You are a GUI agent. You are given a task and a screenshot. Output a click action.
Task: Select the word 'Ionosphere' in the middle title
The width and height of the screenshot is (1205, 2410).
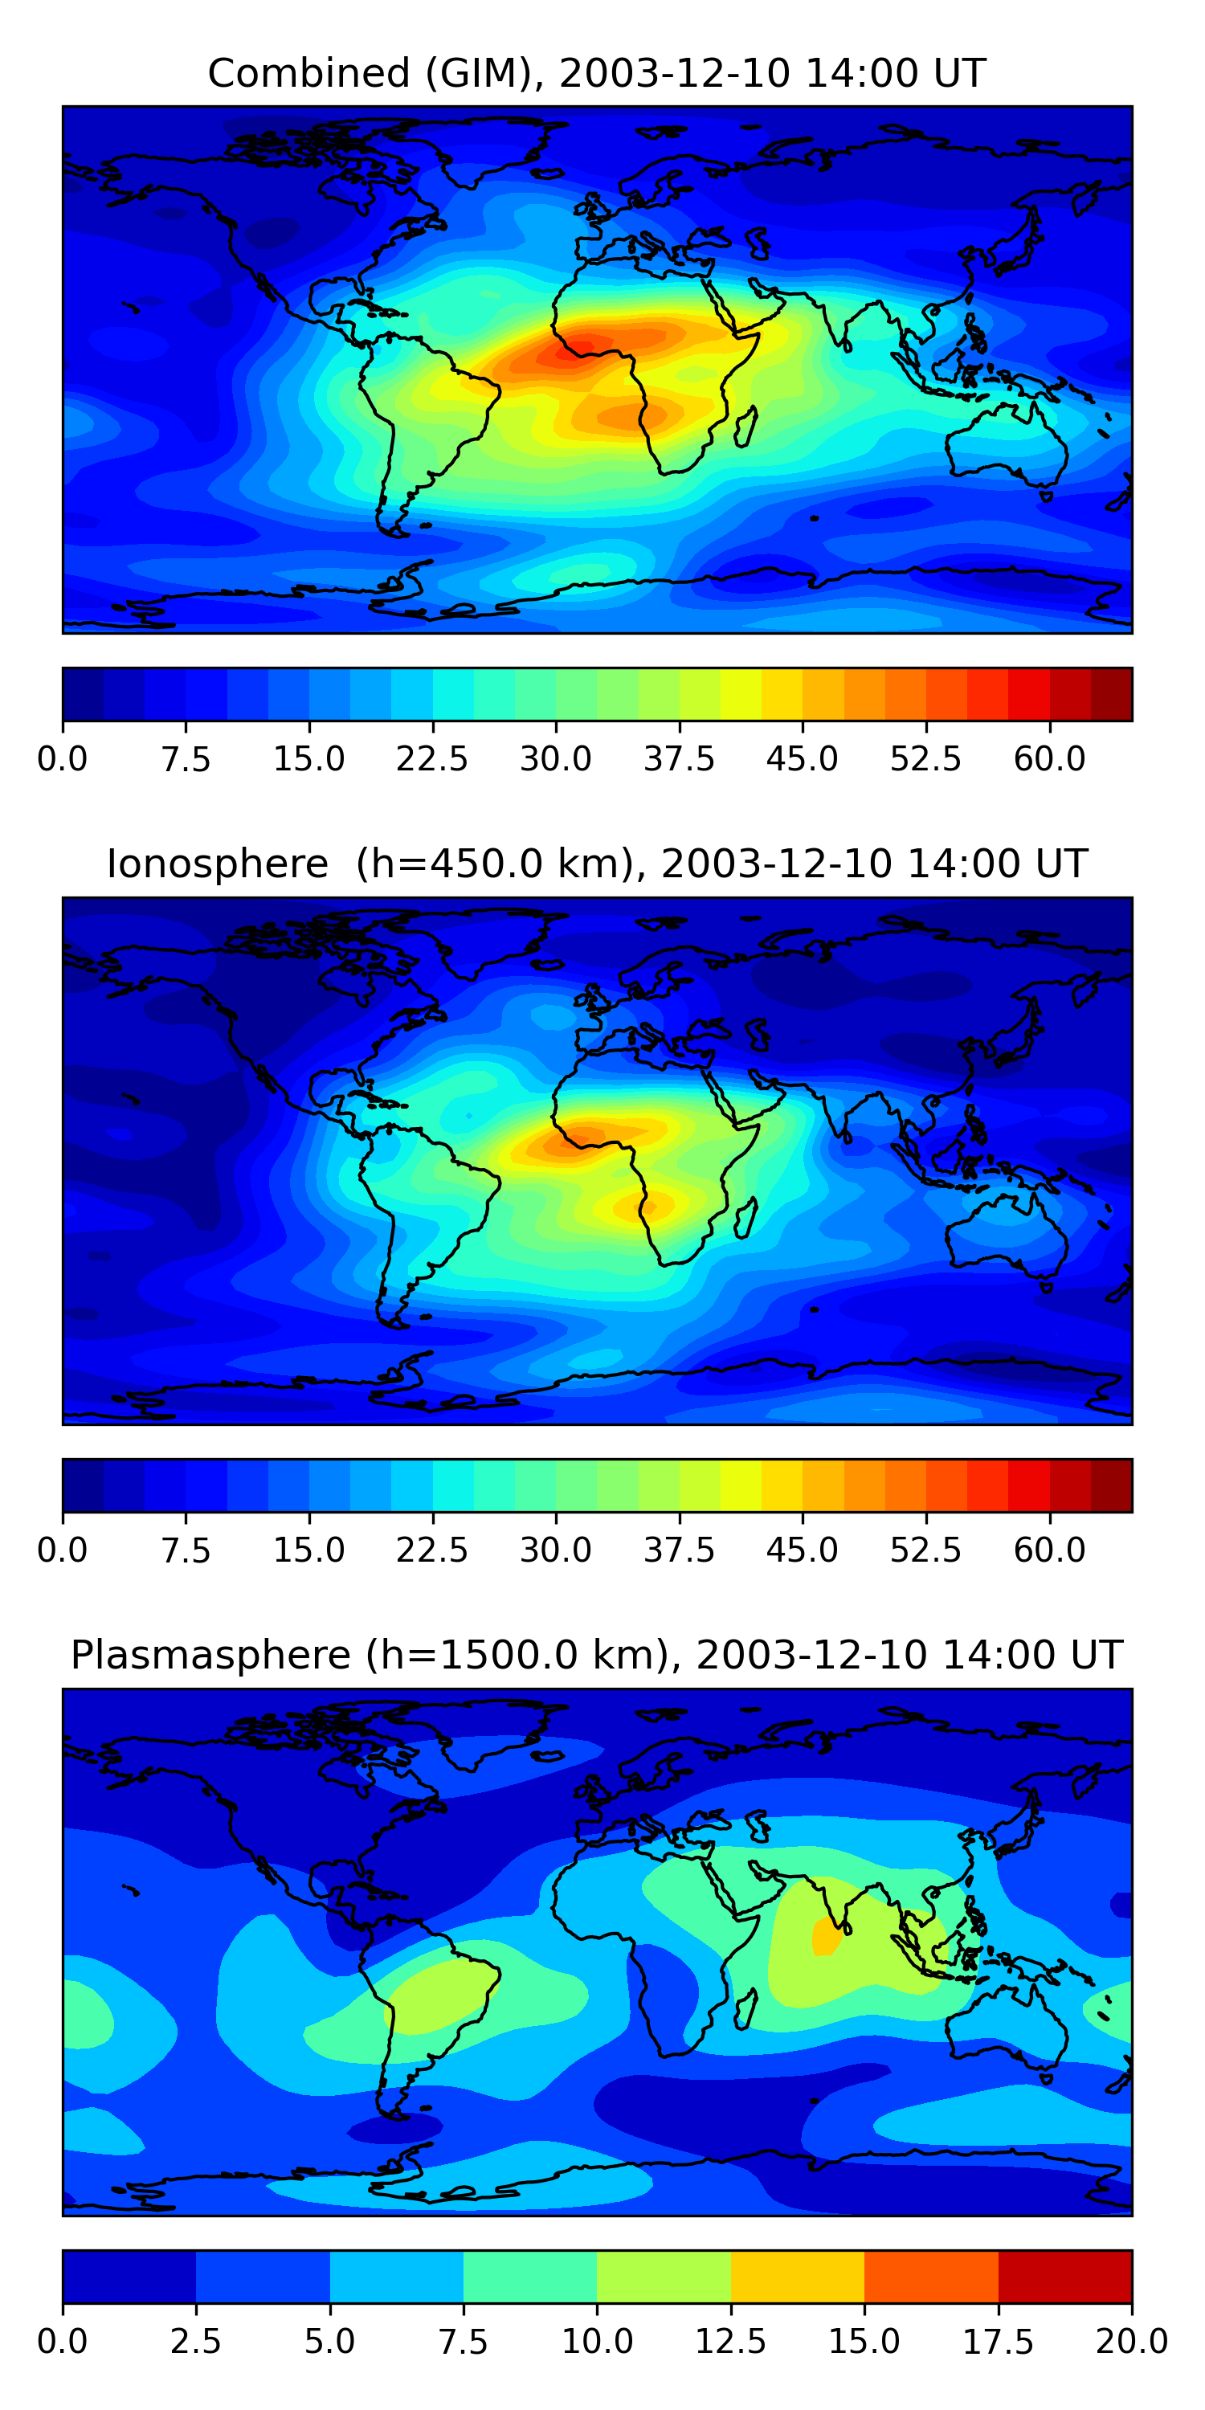[217, 864]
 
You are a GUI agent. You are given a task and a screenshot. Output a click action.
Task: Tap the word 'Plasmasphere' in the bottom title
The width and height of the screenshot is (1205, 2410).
[210, 1655]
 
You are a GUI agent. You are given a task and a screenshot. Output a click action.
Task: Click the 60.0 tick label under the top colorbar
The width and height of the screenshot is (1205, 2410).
[1050, 758]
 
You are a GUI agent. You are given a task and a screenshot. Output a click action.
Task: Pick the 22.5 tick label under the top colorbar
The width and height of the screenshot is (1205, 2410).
[432, 758]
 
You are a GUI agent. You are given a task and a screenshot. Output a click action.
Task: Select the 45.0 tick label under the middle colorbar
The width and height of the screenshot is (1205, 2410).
[803, 1550]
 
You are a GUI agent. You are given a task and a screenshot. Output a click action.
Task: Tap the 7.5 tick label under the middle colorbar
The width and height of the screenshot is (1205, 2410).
[186, 1550]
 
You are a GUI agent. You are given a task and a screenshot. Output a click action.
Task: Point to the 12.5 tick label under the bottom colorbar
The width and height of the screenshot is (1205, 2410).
[731, 2341]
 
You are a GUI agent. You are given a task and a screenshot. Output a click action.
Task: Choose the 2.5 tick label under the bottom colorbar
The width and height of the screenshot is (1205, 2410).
[195, 2341]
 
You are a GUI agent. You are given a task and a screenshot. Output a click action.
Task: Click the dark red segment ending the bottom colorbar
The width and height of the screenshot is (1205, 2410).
[1065, 2276]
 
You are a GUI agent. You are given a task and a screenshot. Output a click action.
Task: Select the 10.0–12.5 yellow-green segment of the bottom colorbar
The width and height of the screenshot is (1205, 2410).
[664, 2276]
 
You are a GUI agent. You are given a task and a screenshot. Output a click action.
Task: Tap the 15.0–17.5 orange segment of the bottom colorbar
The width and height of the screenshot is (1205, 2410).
[932, 2276]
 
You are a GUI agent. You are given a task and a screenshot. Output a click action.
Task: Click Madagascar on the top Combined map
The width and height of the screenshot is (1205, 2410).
[745, 427]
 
